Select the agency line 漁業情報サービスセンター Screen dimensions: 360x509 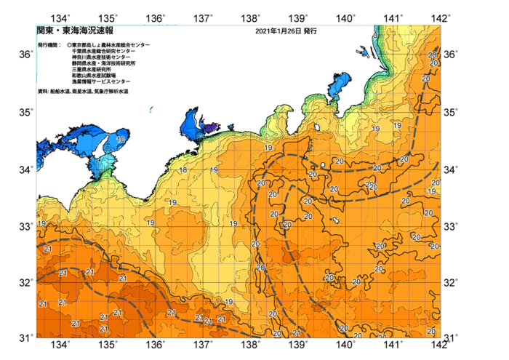tap(101, 81)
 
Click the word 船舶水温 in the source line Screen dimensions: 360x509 tap(61, 92)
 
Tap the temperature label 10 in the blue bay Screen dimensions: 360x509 tap(120, 139)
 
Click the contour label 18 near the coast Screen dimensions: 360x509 tap(183, 170)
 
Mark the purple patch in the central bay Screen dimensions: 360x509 tap(210, 128)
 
